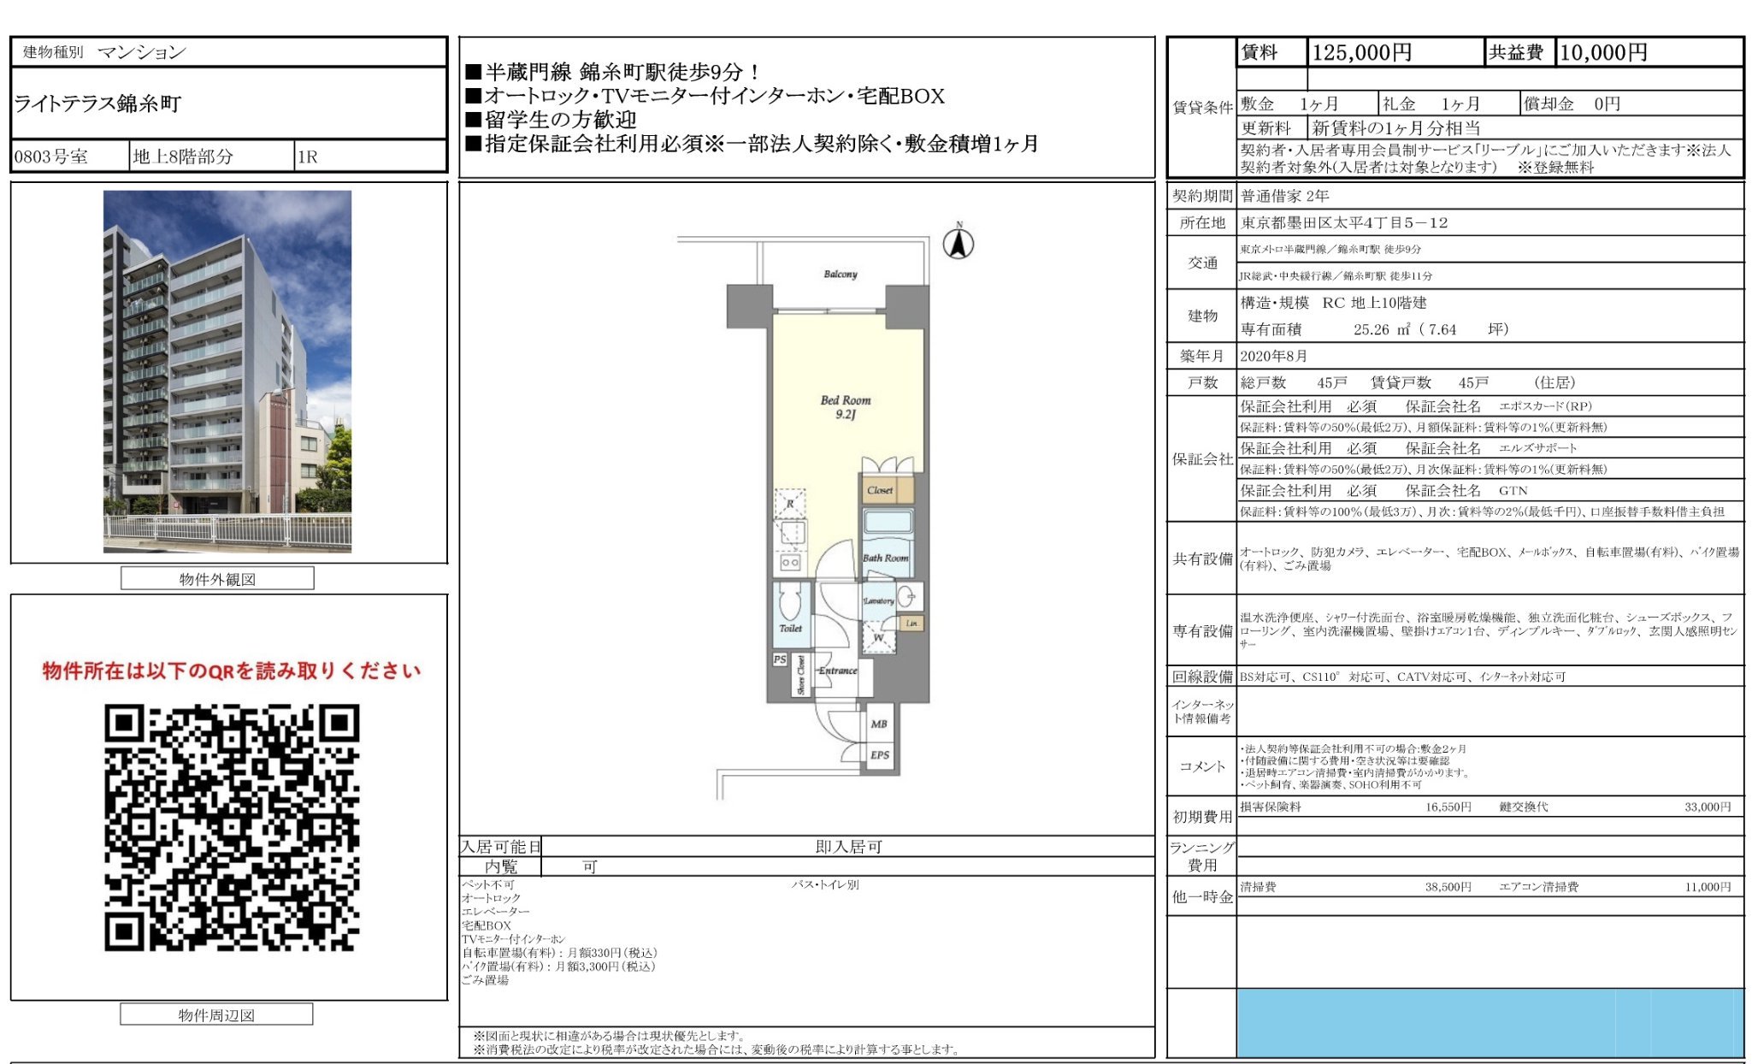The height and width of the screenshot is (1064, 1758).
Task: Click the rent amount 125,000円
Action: (1361, 53)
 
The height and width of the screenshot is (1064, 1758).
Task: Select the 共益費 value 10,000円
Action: (1603, 53)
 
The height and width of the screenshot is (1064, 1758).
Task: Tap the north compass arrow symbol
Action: (958, 244)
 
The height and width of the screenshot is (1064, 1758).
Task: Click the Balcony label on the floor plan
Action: (840, 274)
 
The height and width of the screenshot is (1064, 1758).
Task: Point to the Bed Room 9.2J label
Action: (845, 407)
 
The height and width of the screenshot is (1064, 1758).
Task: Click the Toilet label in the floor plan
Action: (790, 629)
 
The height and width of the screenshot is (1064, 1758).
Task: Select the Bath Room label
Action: (885, 558)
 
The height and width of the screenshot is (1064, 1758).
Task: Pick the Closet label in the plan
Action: (879, 490)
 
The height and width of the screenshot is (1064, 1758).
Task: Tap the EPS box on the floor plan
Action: (879, 755)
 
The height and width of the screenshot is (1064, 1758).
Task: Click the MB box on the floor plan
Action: (878, 724)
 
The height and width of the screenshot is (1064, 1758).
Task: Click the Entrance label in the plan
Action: (837, 671)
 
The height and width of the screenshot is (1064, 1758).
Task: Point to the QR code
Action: (232, 827)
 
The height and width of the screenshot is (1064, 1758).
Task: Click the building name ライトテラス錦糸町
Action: (97, 104)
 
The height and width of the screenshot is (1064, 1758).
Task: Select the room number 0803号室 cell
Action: (50, 157)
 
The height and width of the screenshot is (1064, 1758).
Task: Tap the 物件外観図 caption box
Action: (217, 579)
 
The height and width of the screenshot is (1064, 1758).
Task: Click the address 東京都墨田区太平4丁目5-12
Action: (1344, 223)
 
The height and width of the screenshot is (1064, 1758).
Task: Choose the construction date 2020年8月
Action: (1273, 356)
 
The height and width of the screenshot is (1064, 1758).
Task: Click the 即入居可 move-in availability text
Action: (847, 847)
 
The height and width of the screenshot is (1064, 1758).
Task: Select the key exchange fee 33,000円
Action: (1707, 807)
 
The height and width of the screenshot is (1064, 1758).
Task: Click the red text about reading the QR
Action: (232, 671)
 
